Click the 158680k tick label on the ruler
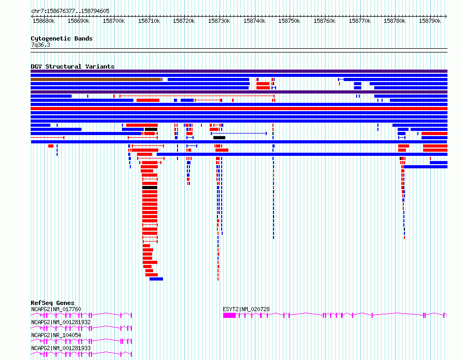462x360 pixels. [44, 21]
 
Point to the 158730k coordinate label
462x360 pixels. [219, 21]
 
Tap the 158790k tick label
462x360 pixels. [430, 21]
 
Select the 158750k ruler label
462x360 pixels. [289, 21]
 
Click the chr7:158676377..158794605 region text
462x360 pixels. [71, 11]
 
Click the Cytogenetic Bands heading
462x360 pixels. [62, 38]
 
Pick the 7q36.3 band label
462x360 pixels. [40, 45]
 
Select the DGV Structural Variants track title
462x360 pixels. [73, 66]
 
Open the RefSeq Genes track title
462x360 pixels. [52, 303]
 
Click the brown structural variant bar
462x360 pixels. [96, 79]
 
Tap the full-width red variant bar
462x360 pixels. [239, 109]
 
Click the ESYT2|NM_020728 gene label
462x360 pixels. [246, 309]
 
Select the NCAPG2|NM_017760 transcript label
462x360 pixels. [56, 309]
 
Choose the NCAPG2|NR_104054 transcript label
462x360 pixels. [56, 335]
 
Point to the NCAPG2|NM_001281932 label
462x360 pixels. [61, 322]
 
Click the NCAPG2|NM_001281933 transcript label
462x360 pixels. [61, 348]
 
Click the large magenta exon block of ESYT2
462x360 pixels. [229, 315]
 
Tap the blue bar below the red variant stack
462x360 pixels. [156, 279]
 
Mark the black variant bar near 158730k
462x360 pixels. [219, 138]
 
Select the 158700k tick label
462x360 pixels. [114, 21]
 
